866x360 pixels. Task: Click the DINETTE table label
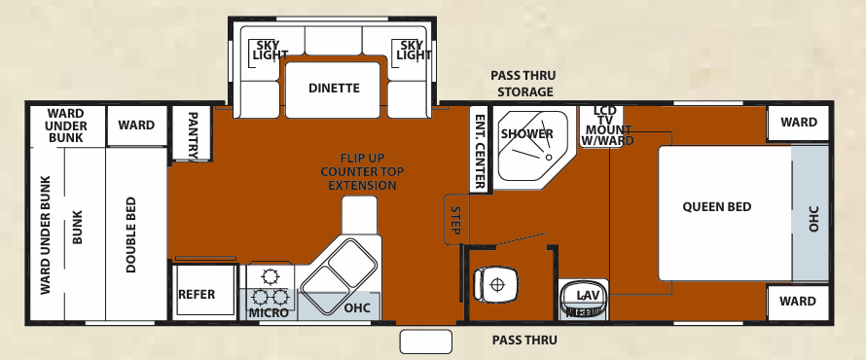(334, 89)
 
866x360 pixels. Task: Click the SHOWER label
(527, 134)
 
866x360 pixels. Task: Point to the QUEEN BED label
(716, 207)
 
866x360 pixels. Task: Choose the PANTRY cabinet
(192, 132)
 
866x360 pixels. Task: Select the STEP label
(454, 220)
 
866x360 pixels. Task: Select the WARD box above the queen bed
(798, 124)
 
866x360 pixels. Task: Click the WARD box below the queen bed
(798, 302)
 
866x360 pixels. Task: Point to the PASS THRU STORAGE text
(524, 84)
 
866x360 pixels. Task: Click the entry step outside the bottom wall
(426, 341)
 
